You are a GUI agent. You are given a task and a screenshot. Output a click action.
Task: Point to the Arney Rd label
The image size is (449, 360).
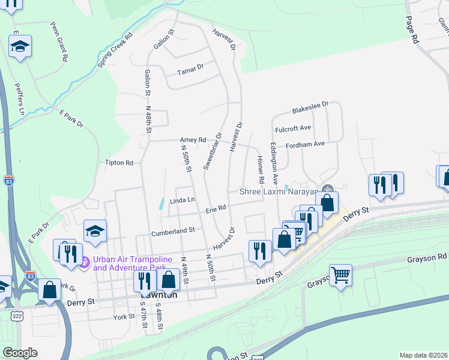pos(193,140)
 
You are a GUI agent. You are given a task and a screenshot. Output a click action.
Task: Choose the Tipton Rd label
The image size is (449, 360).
pos(119,163)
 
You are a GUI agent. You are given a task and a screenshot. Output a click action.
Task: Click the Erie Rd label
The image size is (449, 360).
pos(215,209)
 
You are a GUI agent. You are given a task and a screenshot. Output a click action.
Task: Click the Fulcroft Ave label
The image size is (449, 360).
pos(293,128)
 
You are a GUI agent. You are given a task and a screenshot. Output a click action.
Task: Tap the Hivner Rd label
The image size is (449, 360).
pos(261,170)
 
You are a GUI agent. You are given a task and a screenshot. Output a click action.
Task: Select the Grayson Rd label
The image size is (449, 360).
pos(427,256)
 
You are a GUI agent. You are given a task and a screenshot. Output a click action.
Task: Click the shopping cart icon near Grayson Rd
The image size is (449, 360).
pos(340,275)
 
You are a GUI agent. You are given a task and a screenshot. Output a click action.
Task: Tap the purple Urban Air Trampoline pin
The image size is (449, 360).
pos(85,262)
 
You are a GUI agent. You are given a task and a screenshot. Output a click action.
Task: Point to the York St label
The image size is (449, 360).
pos(122,316)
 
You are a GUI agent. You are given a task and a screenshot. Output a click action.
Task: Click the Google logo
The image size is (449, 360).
pos(20,352)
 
